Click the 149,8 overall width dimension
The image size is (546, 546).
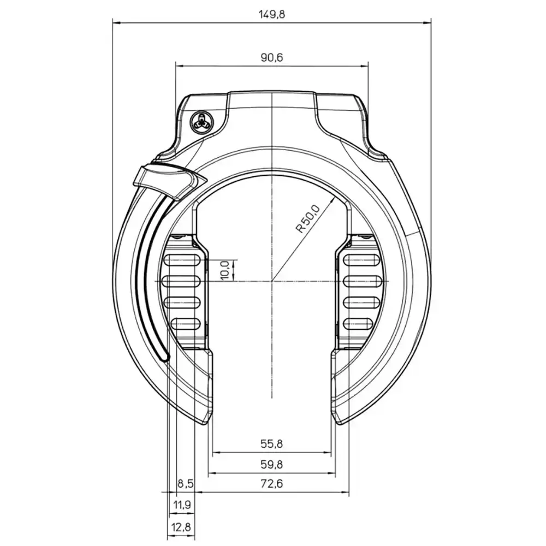[x=271, y=14]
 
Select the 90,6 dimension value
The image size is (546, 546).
[x=272, y=57]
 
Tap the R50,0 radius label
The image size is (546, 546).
[x=307, y=219]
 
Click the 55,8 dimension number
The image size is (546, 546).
[x=271, y=443]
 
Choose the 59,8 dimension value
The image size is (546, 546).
[x=271, y=464]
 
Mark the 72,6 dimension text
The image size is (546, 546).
[x=271, y=484]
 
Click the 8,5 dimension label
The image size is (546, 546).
[x=185, y=484]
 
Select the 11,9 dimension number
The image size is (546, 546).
[x=182, y=505]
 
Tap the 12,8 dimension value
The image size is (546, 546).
[x=181, y=527]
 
